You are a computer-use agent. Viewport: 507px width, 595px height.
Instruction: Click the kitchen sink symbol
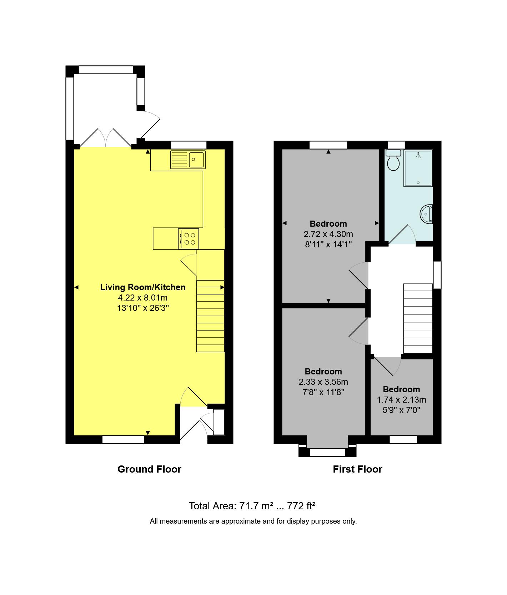(x=188, y=160)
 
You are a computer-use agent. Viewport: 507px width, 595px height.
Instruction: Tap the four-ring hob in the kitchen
(x=189, y=239)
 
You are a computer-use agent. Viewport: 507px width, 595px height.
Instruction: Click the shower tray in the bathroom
(x=418, y=168)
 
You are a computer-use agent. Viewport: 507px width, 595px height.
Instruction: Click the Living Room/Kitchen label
(x=142, y=287)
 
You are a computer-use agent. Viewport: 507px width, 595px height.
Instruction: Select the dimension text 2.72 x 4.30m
(x=328, y=234)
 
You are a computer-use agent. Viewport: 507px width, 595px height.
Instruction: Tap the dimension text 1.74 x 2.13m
(x=401, y=400)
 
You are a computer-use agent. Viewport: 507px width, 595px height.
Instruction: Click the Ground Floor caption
(x=149, y=469)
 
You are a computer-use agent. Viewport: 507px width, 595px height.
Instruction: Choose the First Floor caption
(x=357, y=469)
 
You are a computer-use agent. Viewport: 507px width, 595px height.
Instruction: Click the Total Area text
(x=252, y=506)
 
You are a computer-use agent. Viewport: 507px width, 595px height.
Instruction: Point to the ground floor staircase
(x=210, y=316)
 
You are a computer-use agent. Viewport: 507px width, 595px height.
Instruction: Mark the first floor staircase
(x=418, y=318)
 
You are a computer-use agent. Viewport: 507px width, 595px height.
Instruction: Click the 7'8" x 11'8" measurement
(x=323, y=392)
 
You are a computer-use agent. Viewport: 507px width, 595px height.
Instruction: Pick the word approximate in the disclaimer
(x=241, y=521)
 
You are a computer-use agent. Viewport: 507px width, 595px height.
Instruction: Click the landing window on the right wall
(x=437, y=274)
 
